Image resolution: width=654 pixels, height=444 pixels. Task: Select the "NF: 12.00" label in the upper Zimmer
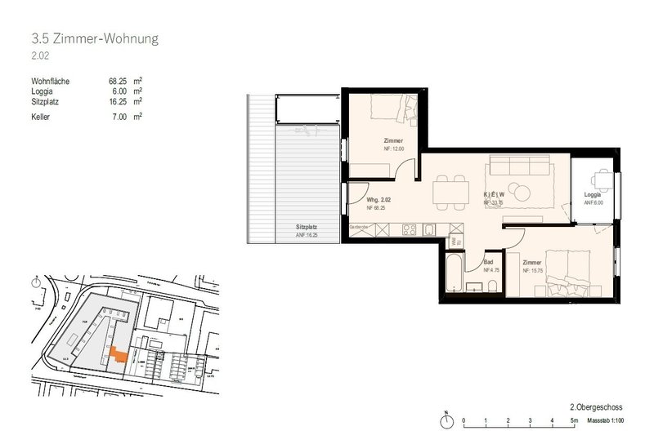370,149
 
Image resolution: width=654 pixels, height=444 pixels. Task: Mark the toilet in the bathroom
494,284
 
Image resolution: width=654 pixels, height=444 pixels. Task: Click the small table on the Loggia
602,179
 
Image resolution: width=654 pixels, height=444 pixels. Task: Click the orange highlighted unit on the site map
119,355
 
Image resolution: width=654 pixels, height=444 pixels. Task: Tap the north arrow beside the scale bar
446,419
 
